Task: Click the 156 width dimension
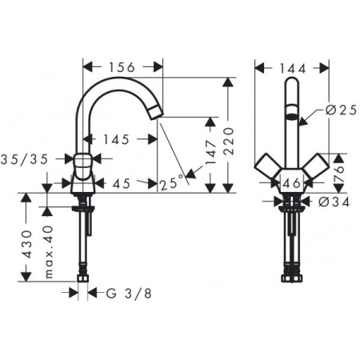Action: (123, 68)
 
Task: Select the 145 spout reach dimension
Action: (116, 139)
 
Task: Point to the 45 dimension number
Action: (121, 183)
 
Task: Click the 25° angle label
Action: (170, 183)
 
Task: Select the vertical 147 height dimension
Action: (210, 156)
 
